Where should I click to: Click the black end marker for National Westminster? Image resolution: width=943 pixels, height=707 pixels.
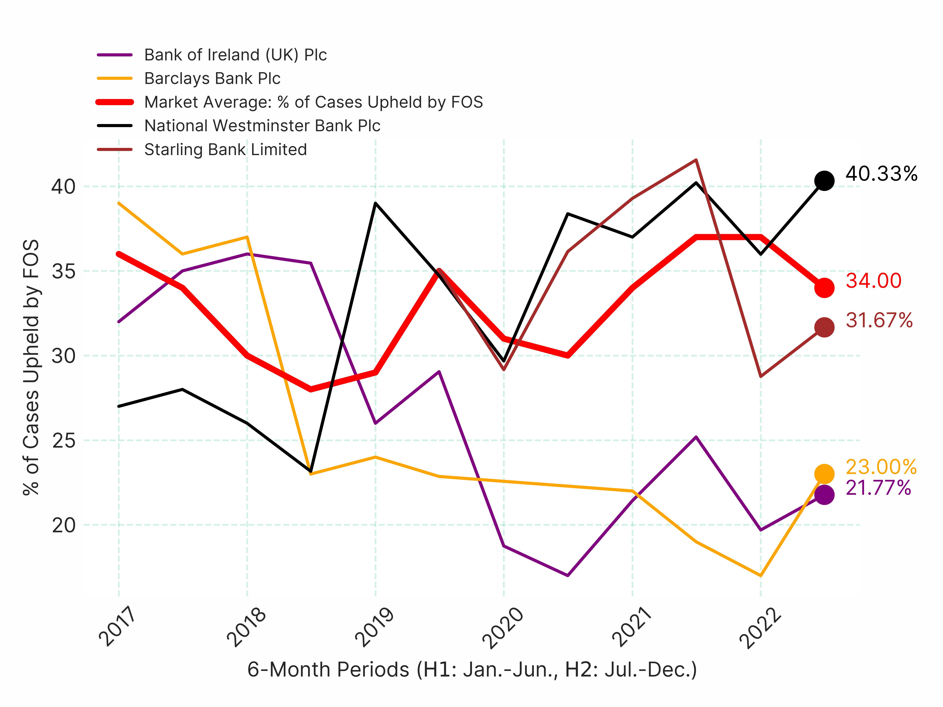pyautogui.click(x=824, y=181)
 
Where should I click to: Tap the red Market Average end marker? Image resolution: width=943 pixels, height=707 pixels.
pyautogui.click(x=824, y=288)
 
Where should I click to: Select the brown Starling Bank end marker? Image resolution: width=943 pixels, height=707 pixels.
pyautogui.click(x=824, y=327)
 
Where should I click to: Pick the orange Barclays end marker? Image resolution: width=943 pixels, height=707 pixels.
pyautogui.click(x=824, y=473)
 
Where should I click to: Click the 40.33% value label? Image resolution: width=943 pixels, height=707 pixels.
pyautogui.click(x=881, y=174)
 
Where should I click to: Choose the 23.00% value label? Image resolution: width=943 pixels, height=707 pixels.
pyautogui.click(x=881, y=467)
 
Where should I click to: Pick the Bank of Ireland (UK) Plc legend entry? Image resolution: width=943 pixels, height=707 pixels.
pyautogui.click(x=235, y=55)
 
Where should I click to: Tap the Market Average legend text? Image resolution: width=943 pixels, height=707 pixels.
pyautogui.click(x=313, y=102)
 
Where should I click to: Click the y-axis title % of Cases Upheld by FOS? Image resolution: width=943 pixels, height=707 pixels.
pyautogui.click(x=31, y=367)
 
